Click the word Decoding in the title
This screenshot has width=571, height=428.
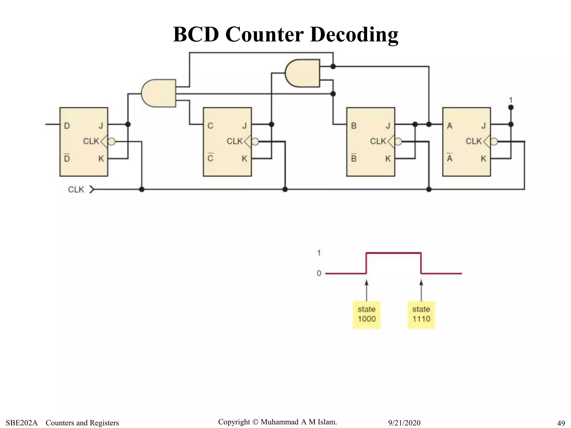(x=354, y=35)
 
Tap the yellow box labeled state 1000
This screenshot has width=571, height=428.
(x=367, y=315)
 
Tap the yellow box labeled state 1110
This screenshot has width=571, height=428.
(x=421, y=315)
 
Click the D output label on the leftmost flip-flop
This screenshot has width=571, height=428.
(x=67, y=126)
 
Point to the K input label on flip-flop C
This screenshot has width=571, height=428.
(x=244, y=159)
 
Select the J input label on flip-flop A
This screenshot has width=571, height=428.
(x=483, y=126)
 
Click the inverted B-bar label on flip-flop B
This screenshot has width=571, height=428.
(x=354, y=158)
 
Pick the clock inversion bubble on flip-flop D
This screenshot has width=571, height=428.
(x=112, y=142)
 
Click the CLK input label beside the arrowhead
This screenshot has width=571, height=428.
(x=76, y=190)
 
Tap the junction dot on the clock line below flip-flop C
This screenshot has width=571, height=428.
(x=285, y=189)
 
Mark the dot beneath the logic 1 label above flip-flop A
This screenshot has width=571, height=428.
(x=511, y=107)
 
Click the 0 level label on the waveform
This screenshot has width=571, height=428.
(x=319, y=273)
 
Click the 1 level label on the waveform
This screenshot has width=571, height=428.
(x=319, y=253)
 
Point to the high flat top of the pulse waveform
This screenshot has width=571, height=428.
(x=393, y=253)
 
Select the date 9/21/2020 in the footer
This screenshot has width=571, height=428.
(x=404, y=423)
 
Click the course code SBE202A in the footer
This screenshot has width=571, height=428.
(x=21, y=423)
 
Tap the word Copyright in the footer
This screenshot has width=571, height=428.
(x=234, y=422)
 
